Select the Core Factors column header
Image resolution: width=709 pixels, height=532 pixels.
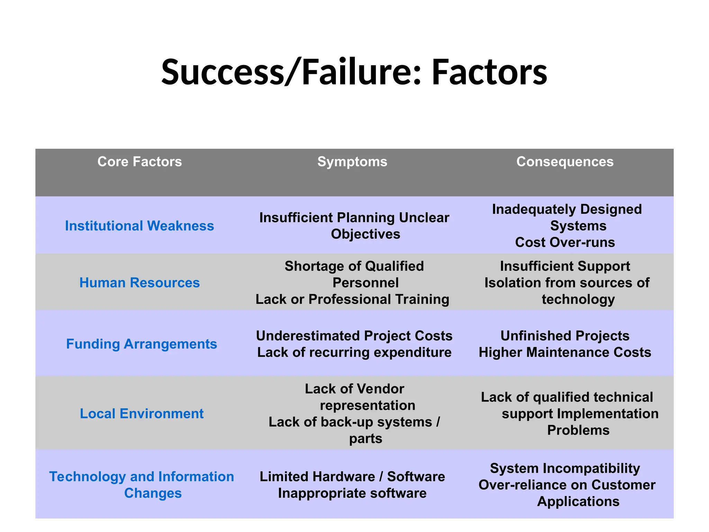point(140,162)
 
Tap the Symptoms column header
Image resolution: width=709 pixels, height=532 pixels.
point(352,162)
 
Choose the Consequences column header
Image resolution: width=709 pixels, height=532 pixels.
point(565,162)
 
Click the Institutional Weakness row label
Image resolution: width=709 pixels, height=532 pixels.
point(140,226)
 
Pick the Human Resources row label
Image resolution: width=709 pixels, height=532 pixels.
point(140,283)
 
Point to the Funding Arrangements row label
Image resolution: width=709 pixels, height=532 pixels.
point(141,344)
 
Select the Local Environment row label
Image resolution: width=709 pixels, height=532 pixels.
point(142,414)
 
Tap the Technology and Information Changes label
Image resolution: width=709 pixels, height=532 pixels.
point(142,485)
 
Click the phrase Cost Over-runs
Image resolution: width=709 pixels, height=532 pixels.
point(565,242)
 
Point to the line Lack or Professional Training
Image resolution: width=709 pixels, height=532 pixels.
point(352,299)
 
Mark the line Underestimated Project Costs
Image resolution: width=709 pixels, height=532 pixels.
point(354,336)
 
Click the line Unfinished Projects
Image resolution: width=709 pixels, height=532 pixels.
point(565,336)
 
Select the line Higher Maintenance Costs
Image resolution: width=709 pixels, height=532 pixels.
point(565,352)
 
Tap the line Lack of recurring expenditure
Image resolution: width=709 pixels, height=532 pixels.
point(354,352)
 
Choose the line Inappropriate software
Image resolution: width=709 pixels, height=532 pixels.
point(352,493)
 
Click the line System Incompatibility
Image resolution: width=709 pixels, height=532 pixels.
point(565,468)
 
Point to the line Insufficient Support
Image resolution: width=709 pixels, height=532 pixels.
point(565,266)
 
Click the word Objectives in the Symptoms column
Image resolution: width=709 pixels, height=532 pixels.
point(365,234)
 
